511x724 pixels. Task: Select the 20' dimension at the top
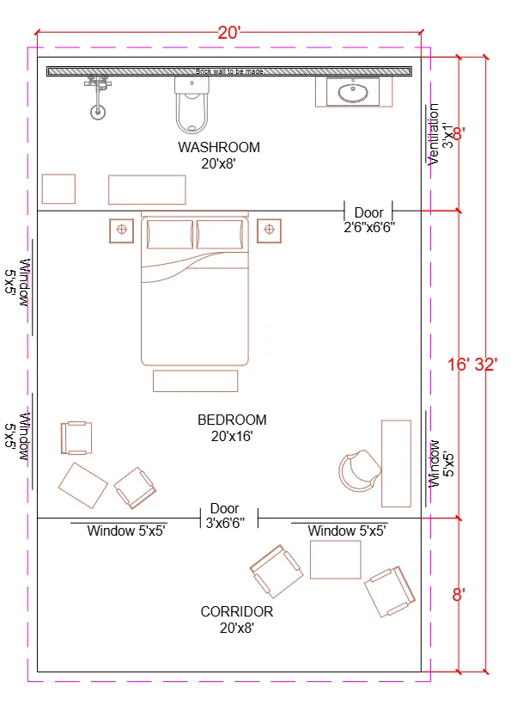point(229,34)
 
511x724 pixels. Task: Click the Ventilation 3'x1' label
point(439,134)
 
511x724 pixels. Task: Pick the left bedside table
point(121,230)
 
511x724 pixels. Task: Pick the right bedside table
point(270,230)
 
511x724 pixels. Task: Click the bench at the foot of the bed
point(195,380)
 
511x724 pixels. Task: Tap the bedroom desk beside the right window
point(396,463)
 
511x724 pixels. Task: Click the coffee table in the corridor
point(335,559)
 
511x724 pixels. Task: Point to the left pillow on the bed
point(170,234)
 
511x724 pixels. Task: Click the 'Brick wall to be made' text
point(228,71)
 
